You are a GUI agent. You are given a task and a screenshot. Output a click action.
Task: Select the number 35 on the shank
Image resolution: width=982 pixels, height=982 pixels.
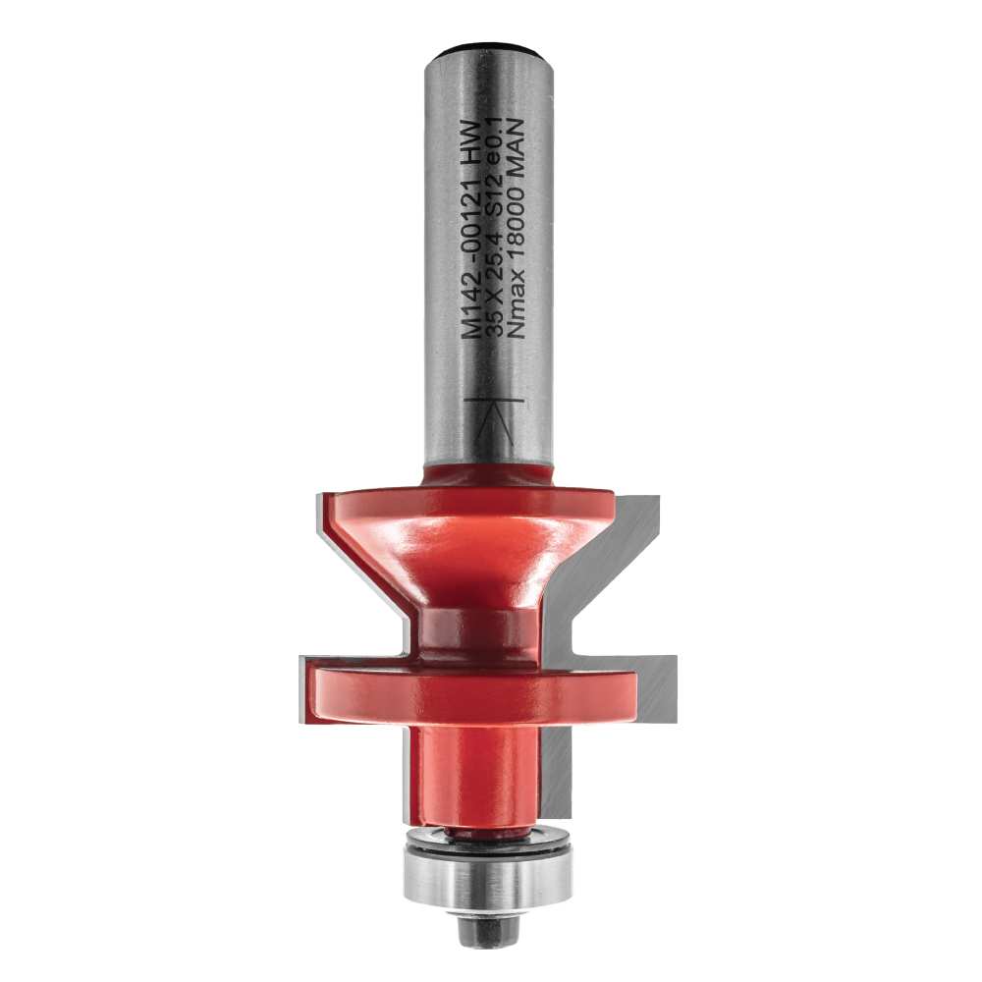499,326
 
